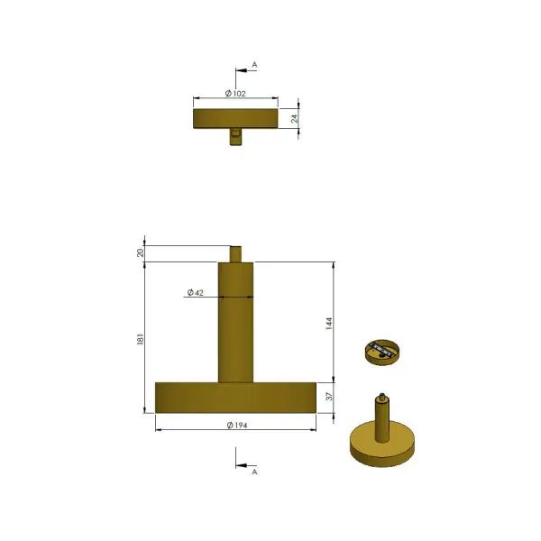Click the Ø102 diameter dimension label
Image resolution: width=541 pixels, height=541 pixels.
click(x=235, y=94)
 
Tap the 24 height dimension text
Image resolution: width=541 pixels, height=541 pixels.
click(x=294, y=119)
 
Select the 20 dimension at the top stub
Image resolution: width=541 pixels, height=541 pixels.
click(x=140, y=252)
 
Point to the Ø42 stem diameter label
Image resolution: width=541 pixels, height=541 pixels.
click(x=196, y=292)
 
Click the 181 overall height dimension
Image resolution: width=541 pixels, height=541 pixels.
click(x=140, y=339)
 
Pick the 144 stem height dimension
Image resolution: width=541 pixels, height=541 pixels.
click(x=329, y=324)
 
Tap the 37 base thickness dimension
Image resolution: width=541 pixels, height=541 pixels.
click(x=329, y=397)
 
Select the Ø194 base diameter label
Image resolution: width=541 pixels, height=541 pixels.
click(x=237, y=426)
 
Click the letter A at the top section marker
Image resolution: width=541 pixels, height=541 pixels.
click(x=254, y=65)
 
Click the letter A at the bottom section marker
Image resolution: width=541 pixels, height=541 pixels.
click(x=254, y=472)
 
